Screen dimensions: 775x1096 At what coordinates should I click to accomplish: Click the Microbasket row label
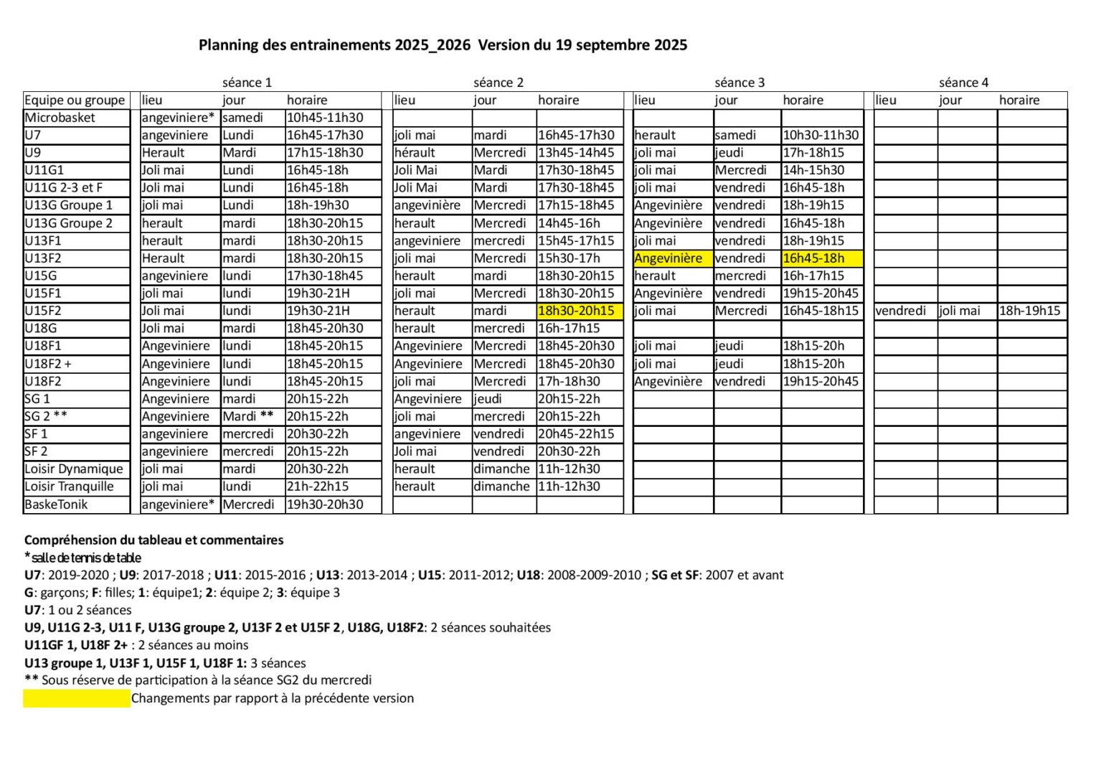pos(60,118)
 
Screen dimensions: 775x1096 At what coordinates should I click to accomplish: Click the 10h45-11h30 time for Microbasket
pos(325,118)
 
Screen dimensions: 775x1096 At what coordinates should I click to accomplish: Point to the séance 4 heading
pos(963,83)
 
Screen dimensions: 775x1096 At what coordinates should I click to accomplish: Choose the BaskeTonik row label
pos(56,504)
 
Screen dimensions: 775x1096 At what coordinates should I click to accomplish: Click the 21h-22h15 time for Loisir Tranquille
pos(318,487)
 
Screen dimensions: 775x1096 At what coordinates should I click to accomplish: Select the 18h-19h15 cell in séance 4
pos(1029,311)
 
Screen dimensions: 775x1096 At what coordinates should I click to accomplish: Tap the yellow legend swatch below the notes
pos(77,699)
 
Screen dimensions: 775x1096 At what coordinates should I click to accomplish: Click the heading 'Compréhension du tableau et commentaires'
pos(154,540)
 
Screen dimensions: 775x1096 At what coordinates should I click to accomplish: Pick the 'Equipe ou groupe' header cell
pos(75,100)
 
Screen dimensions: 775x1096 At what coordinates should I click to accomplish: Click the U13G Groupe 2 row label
pos(69,223)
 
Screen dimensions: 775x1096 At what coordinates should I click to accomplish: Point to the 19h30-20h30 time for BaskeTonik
pos(325,504)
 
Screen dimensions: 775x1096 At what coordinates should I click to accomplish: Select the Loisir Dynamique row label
pos(74,469)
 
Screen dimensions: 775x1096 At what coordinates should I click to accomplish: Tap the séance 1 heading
pos(247,83)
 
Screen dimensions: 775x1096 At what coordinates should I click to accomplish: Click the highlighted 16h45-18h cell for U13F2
pos(813,258)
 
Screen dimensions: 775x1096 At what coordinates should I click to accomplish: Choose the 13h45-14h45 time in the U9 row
pos(576,153)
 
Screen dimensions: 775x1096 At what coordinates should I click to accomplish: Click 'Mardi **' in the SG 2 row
pos(248,416)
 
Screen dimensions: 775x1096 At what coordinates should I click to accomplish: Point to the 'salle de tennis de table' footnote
pos(83,558)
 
